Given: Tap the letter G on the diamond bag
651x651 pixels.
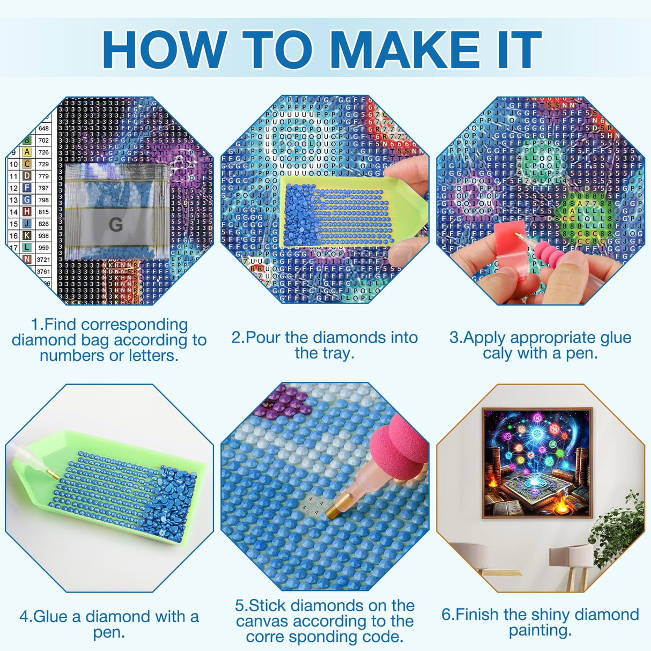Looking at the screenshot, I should [x=115, y=224].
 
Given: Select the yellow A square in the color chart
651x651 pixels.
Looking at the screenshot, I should [x=27, y=152].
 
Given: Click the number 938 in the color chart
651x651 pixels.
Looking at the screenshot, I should [x=43, y=235].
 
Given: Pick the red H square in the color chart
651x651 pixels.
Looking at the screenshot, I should [x=27, y=212].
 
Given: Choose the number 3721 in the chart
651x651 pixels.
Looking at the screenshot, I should [x=43, y=260].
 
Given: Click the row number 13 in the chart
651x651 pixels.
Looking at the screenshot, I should [x=13, y=200].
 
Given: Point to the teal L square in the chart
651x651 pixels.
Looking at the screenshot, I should [x=27, y=247].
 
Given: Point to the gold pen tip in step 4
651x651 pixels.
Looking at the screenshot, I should [x=52, y=473].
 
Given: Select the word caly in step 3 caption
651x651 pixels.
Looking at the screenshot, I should [x=497, y=353].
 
